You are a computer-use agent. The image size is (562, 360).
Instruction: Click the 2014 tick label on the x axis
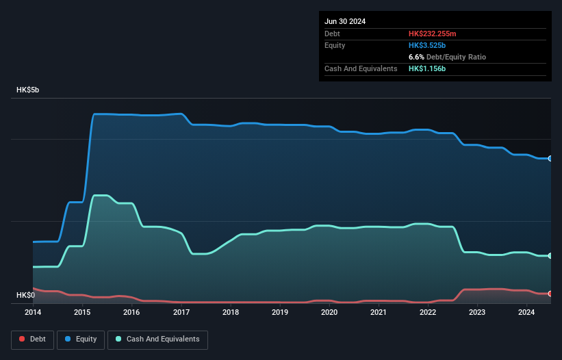coord(33,312)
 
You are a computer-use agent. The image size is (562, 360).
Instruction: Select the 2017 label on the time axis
coord(181,312)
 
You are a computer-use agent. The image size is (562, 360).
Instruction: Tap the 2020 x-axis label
coord(329,312)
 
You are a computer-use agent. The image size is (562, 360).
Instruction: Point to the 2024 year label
coord(526,312)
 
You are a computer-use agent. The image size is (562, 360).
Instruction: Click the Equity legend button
coord(81,339)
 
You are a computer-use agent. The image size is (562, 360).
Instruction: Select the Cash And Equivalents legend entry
coord(157,339)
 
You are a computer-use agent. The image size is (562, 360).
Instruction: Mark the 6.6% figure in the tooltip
coord(416,57)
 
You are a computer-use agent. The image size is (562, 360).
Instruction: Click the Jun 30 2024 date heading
coord(345,21)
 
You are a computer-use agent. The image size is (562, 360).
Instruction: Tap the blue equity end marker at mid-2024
coord(550,158)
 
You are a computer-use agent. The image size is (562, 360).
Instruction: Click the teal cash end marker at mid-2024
coord(550,255)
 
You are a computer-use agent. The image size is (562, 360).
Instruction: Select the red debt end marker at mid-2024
coord(550,294)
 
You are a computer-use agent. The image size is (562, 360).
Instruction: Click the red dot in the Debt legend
coord(22,339)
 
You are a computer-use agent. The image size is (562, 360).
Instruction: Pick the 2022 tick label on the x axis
coord(428,312)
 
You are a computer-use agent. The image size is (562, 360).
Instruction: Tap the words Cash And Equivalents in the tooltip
coord(361,68)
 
